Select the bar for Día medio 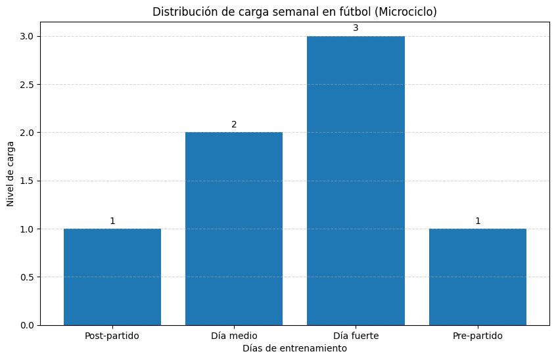234,229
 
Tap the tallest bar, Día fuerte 356,181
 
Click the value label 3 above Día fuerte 356,28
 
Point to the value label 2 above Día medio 234,124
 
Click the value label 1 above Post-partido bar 112,221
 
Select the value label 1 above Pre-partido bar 478,221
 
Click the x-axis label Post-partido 112,336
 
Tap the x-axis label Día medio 234,336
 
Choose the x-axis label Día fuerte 356,336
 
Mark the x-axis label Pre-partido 478,336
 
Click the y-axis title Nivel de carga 10,181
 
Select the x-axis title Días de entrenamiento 294,349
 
